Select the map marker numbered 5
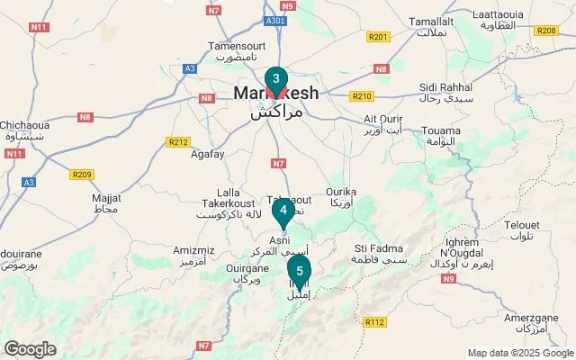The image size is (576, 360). pos(299,270)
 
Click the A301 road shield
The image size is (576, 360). pos(277,20)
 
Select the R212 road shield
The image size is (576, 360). pos(178,141)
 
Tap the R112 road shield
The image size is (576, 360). pos(375,321)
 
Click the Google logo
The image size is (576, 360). pos(31,349)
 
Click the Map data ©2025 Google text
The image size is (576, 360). pos(521,353)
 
